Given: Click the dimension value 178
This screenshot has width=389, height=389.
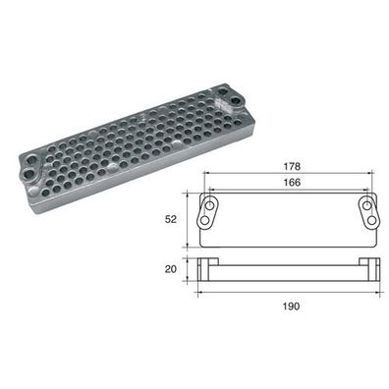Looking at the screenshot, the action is click(292, 166).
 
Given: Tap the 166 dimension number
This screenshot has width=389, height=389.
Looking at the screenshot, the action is click(292, 183).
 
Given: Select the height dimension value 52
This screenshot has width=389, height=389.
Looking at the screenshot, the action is click(171, 219).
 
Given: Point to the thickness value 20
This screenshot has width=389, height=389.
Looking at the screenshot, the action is click(171, 269).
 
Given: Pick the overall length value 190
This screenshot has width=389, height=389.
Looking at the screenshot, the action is click(292, 306).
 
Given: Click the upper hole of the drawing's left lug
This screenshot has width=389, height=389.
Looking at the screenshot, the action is click(209, 205).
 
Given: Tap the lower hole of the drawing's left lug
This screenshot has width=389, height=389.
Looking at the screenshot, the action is click(205, 220).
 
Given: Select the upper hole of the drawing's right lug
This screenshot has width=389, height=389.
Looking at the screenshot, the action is click(367, 205).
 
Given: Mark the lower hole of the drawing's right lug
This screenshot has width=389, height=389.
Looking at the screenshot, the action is click(371, 220).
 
